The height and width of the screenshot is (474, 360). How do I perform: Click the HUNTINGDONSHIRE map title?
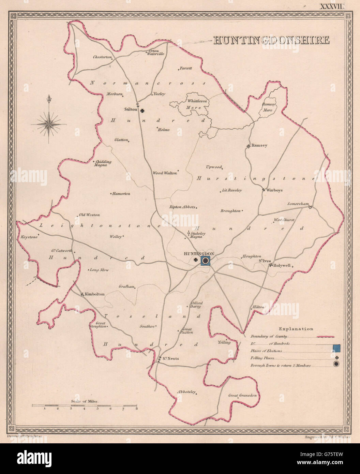coord(271,40)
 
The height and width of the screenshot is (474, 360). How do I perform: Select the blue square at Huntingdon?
coord(206,261)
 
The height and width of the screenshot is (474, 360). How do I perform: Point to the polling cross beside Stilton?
coord(142,110)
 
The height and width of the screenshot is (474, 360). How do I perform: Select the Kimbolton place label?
coord(94,294)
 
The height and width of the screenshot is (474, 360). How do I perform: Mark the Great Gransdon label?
coord(242,396)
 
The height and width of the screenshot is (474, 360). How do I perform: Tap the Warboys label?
coord(274,190)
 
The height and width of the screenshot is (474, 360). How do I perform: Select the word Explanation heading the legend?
coord(296,329)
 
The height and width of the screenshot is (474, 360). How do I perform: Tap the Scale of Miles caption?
coord(85,402)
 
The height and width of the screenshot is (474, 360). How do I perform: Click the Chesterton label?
coord(102,57)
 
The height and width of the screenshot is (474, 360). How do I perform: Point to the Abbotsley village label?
coord(186,392)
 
